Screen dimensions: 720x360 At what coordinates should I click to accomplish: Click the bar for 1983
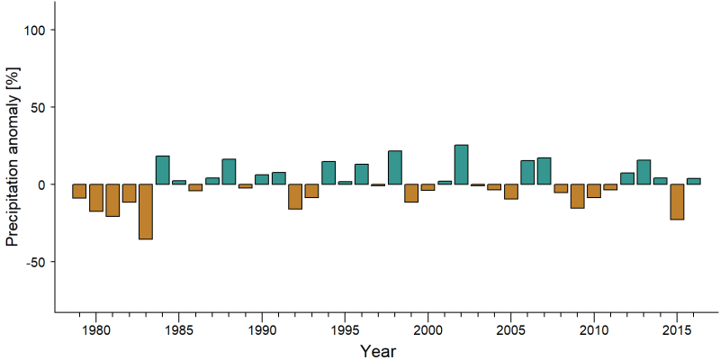146,211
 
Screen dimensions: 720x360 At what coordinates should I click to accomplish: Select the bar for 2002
461,165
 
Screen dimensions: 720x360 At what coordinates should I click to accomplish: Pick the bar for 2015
677,202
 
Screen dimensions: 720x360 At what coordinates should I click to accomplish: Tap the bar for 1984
163,170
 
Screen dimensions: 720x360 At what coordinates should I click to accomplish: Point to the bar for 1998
395,167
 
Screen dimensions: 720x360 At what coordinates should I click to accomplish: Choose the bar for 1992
295,196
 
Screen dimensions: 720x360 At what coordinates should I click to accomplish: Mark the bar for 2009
577,196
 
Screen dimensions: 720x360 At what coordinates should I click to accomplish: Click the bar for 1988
229,172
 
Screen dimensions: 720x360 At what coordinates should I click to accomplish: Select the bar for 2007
544,171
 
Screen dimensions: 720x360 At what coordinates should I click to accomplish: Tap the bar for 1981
112,200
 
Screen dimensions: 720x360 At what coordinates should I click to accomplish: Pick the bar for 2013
643,172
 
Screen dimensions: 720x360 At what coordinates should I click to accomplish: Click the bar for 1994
328,173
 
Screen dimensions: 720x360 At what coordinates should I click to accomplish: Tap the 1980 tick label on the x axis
96,330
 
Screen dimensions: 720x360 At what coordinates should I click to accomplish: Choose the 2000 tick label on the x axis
428,330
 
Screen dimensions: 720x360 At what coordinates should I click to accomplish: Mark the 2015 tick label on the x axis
677,330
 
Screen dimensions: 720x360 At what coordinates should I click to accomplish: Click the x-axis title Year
377,351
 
